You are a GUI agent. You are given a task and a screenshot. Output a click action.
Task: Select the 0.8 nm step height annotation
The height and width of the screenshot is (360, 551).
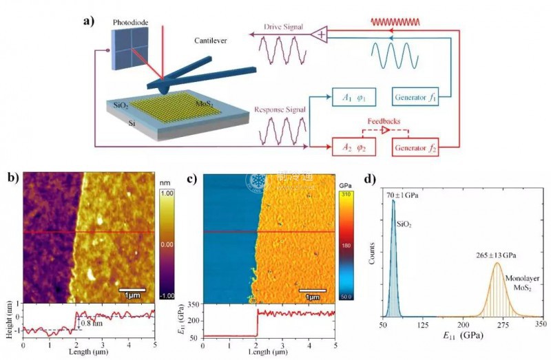[x=91, y=321]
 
